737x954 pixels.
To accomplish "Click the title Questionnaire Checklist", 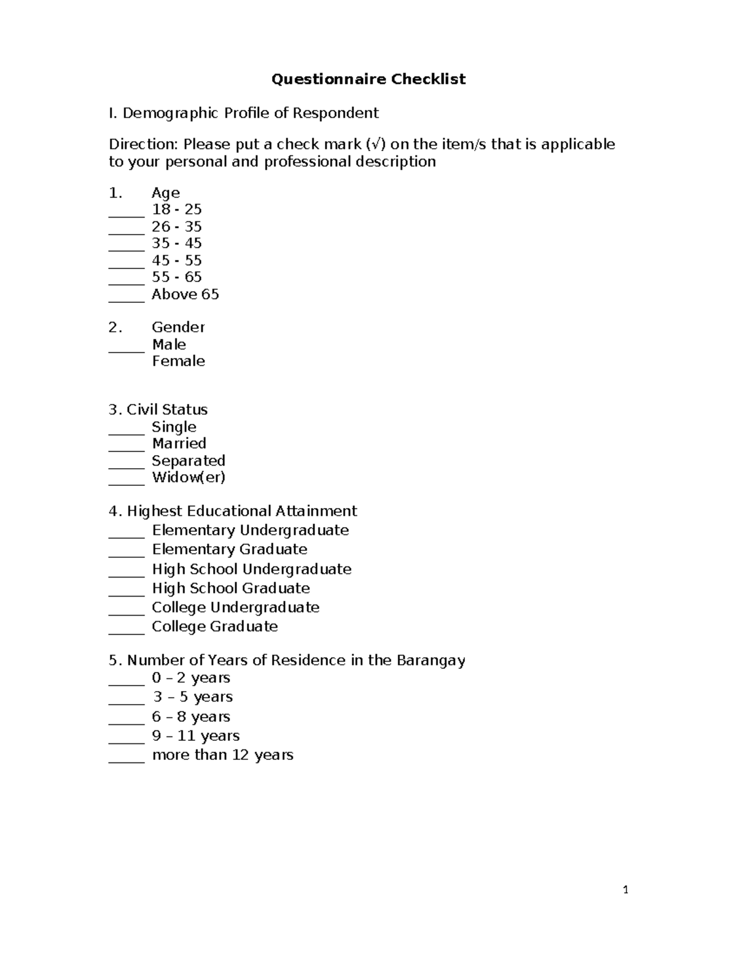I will point(368,79).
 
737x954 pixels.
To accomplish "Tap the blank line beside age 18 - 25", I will point(127,213).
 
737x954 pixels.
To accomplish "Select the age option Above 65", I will point(185,294).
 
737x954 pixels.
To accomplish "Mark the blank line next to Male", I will point(127,348).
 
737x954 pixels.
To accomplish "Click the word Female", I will point(178,361).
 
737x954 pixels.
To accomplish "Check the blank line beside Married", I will point(127,447).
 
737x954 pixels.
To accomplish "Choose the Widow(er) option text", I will point(189,477).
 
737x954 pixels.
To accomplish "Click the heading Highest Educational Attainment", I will point(241,511).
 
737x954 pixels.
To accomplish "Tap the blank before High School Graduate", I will point(127,592).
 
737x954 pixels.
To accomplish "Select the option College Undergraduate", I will point(235,608).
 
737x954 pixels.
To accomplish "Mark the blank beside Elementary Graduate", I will point(127,553).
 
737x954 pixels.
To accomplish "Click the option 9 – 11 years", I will point(195,736).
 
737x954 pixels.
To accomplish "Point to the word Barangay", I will point(431,661).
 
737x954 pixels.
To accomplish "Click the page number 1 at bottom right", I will point(625,889).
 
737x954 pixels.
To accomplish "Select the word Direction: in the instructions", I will point(144,144).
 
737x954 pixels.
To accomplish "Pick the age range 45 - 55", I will point(177,260).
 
